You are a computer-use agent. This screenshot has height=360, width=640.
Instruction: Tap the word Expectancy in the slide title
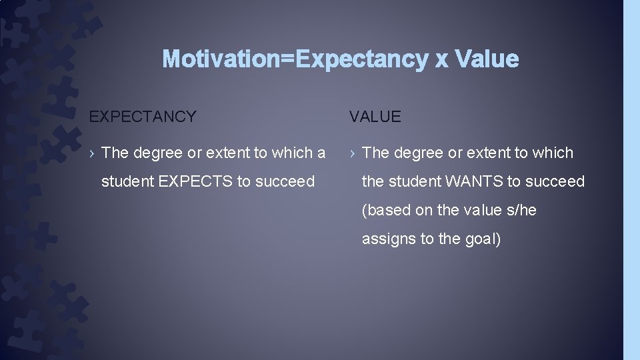pos(362,59)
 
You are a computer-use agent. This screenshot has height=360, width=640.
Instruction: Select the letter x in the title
pos(441,60)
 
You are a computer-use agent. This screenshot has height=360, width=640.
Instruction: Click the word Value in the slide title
pos(487,59)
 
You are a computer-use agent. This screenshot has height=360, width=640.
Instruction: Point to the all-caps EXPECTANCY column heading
pos(143,117)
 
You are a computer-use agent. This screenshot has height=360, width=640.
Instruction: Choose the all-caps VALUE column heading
pos(375,117)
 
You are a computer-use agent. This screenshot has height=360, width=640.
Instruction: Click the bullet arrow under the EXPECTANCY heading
pos(93,153)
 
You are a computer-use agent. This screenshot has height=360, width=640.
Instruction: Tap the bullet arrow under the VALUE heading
pos(353,153)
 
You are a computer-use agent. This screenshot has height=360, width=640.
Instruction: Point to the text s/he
pos(521,211)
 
